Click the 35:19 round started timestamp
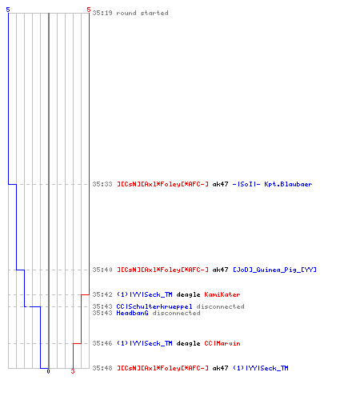102,13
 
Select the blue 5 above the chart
8,10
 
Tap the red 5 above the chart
89,10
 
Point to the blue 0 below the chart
48,371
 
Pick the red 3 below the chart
73,371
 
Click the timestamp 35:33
102,184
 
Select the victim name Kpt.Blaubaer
288,184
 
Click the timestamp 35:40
102,270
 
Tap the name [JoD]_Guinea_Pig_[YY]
275,270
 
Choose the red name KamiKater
222,294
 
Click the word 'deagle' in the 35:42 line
188,294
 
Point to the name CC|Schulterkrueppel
154,306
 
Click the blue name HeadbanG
132,313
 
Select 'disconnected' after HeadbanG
176,313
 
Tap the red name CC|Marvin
222,343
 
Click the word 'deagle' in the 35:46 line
188,343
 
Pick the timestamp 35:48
102,368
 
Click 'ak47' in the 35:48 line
220,368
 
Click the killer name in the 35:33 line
162,184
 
